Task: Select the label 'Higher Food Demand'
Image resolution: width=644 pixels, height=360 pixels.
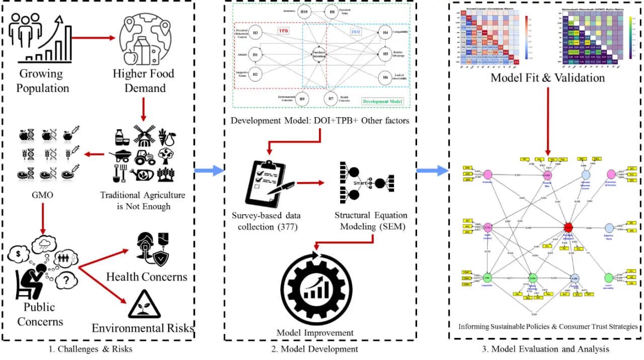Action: coord(143,81)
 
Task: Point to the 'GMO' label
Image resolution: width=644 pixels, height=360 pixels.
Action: coord(42,195)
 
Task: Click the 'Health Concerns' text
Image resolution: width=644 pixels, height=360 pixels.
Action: coord(147,277)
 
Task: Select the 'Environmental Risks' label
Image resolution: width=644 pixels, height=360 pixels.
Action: coord(143,329)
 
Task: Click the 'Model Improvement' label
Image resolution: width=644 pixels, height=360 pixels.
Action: coord(315,332)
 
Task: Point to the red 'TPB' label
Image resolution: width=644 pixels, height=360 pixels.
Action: coord(284,30)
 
